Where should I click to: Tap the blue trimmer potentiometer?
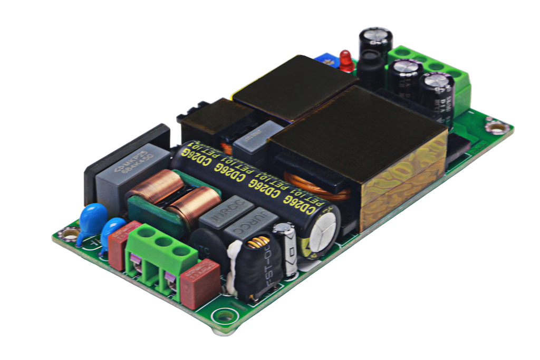pos(326,60)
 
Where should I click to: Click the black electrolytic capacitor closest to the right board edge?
pos(438,95)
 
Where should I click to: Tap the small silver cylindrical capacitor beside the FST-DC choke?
pos(287,248)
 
